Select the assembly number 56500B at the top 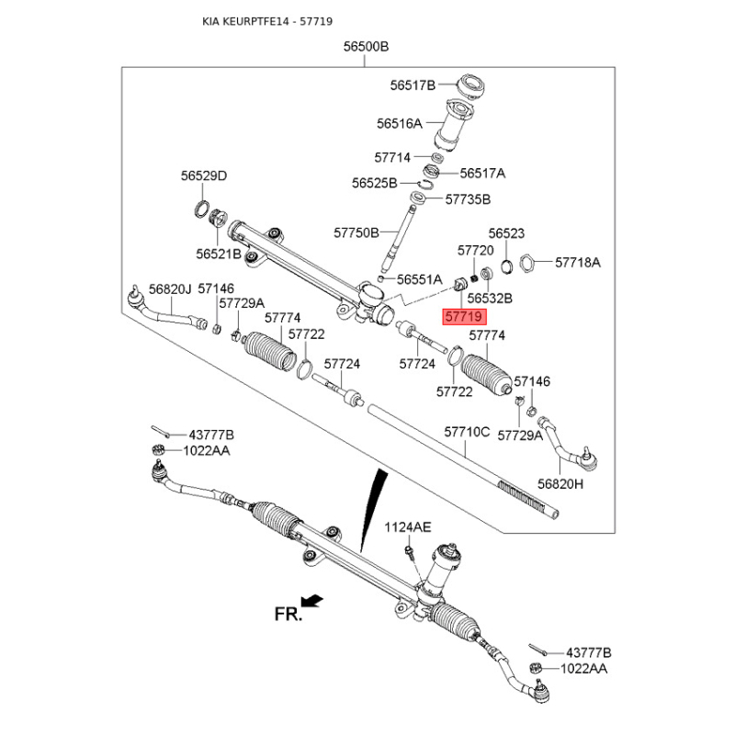click(x=366, y=46)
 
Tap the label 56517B click(x=412, y=85)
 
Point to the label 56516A click(x=399, y=122)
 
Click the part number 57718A click(x=577, y=262)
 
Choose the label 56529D click(x=203, y=175)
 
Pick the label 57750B click(x=356, y=233)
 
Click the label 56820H click(x=561, y=483)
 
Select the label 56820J click(x=170, y=288)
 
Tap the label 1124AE click(x=407, y=526)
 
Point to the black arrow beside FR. click(x=313, y=600)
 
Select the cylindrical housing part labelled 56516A click(x=453, y=126)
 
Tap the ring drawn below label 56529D click(x=201, y=210)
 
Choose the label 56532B click(x=489, y=299)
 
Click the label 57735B click(x=468, y=198)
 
